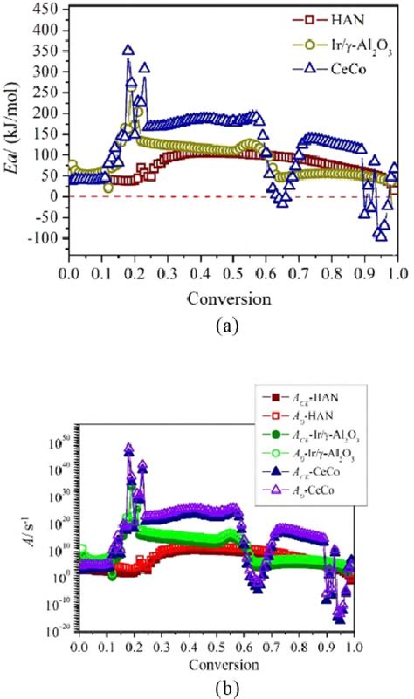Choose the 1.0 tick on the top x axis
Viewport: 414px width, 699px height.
click(x=397, y=273)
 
